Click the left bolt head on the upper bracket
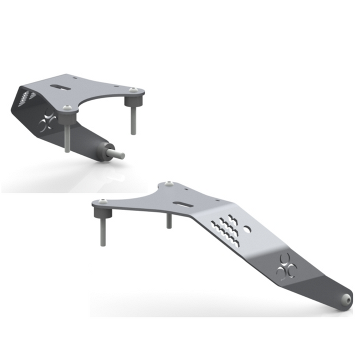[x=68, y=106]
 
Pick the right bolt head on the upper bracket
[x=133, y=90]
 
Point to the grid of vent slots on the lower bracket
[x=227, y=227]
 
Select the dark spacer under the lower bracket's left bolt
[x=101, y=213]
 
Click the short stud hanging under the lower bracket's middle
[x=169, y=220]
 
